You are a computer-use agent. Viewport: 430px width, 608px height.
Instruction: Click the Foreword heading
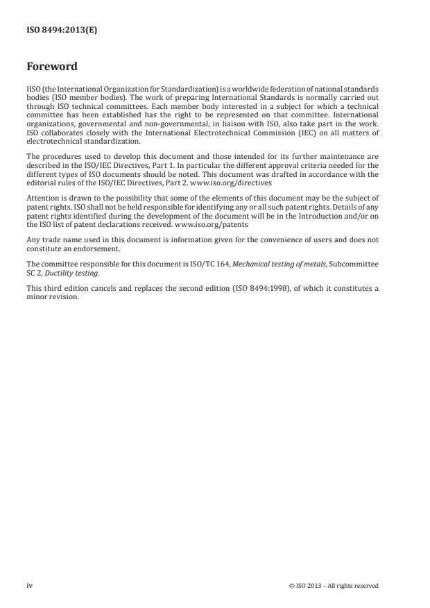click(51, 67)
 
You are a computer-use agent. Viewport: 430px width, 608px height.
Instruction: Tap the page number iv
click(29, 585)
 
